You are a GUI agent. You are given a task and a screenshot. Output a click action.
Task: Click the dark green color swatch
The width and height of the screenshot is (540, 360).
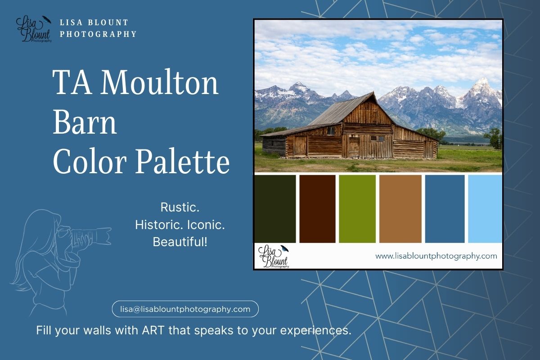point(275,209)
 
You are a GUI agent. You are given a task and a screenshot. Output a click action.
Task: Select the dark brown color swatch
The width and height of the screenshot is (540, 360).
point(317,209)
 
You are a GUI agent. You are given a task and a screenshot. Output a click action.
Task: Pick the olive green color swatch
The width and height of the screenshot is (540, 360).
point(357,209)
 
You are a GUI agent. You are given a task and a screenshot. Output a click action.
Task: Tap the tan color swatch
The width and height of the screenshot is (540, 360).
point(400,209)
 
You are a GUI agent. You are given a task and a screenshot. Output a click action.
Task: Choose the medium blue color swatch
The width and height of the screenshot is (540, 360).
point(445,209)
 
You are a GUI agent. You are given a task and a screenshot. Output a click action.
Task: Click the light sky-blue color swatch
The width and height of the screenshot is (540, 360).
point(485,209)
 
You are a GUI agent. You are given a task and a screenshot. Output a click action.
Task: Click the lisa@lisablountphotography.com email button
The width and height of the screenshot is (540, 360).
point(185,309)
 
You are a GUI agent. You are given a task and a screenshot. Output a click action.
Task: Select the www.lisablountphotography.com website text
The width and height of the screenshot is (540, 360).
point(436,256)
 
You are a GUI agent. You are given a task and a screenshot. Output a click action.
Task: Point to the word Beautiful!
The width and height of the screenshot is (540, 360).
point(180,242)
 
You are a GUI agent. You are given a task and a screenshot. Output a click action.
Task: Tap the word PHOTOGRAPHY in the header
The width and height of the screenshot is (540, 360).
point(98,34)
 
